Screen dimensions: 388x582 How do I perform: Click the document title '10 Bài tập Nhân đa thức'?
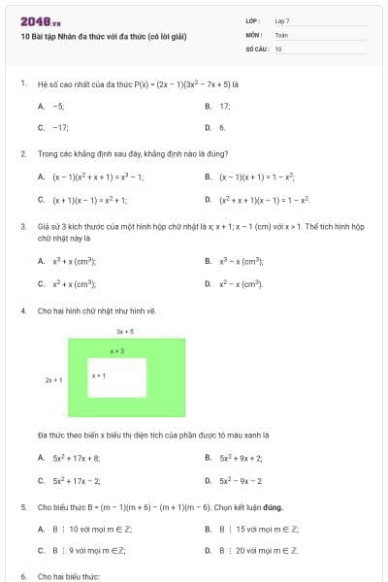click(x=103, y=36)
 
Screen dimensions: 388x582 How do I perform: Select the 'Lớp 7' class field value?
click(x=282, y=20)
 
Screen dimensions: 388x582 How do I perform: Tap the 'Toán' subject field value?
click(x=281, y=34)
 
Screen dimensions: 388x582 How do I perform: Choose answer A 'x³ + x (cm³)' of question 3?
click(x=74, y=261)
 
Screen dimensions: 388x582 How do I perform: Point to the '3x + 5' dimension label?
click(x=124, y=331)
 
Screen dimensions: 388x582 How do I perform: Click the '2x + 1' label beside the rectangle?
click(x=54, y=380)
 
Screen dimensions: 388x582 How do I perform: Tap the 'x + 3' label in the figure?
click(x=117, y=351)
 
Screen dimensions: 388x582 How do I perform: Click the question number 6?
click(x=23, y=576)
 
